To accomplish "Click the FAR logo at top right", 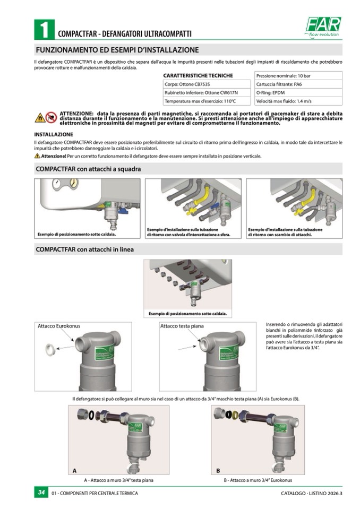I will pos(323,26).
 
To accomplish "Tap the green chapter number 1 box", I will pos(44,29).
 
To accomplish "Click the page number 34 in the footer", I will pos(41,493).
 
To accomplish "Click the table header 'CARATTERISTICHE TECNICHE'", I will pos(198,76).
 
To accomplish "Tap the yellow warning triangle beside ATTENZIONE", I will pos(39,117).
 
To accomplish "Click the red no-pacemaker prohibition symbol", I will pos(51,117).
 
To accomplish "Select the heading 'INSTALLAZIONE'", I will pos(54,134).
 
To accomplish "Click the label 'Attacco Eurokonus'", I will pos(59,325).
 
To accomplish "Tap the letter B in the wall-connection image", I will pos(218,470).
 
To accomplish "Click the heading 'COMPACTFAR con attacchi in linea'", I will pos(84,249).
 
